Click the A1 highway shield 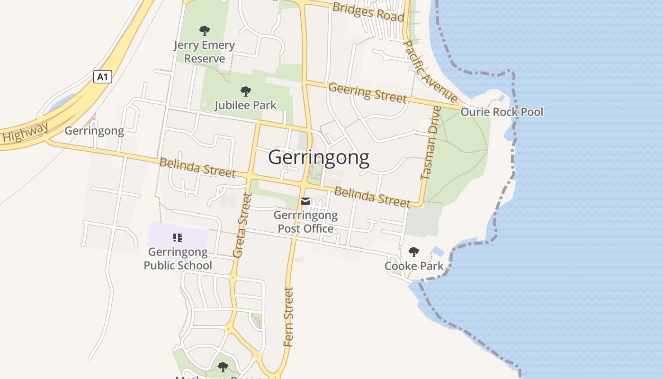click(x=103, y=77)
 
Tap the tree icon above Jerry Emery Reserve click(x=205, y=31)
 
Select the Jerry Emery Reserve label click(x=204, y=52)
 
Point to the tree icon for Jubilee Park click(x=245, y=91)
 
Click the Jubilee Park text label click(x=245, y=105)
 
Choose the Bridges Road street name click(x=368, y=11)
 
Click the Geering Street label click(x=367, y=92)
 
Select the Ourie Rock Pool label click(x=502, y=112)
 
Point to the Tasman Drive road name click(x=430, y=143)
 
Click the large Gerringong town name click(x=318, y=157)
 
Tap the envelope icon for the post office click(x=305, y=202)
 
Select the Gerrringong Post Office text click(x=305, y=222)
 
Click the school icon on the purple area click(x=178, y=238)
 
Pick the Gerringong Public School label click(x=178, y=259)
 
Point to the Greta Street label click(x=241, y=225)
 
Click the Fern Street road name click(x=288, y=316)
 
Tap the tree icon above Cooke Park click(x=413, y=252)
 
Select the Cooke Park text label click(x=413, y=266)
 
